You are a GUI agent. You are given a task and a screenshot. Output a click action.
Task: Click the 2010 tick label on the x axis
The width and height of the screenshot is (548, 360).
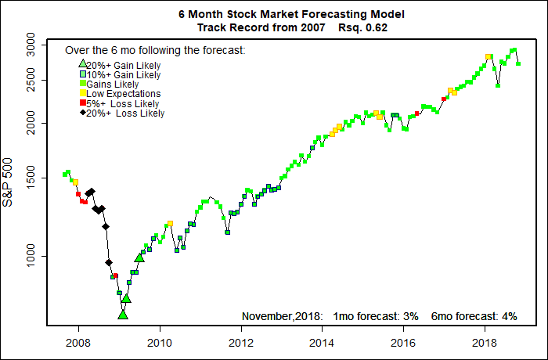point(160,342)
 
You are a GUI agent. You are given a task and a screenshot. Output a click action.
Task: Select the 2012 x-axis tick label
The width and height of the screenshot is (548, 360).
point(241,342)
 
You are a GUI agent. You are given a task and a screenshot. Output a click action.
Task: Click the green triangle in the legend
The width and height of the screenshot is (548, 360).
point(81,64)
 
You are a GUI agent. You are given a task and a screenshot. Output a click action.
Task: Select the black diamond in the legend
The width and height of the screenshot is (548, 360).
point(81,113)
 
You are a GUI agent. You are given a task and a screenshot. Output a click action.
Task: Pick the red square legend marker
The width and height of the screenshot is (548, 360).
point(81,103)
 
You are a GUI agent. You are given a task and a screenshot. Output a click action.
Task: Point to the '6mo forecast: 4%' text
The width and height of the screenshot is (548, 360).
point(474,316)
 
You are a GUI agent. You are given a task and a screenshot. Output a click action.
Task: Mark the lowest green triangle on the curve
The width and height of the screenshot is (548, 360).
point(123,315)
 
